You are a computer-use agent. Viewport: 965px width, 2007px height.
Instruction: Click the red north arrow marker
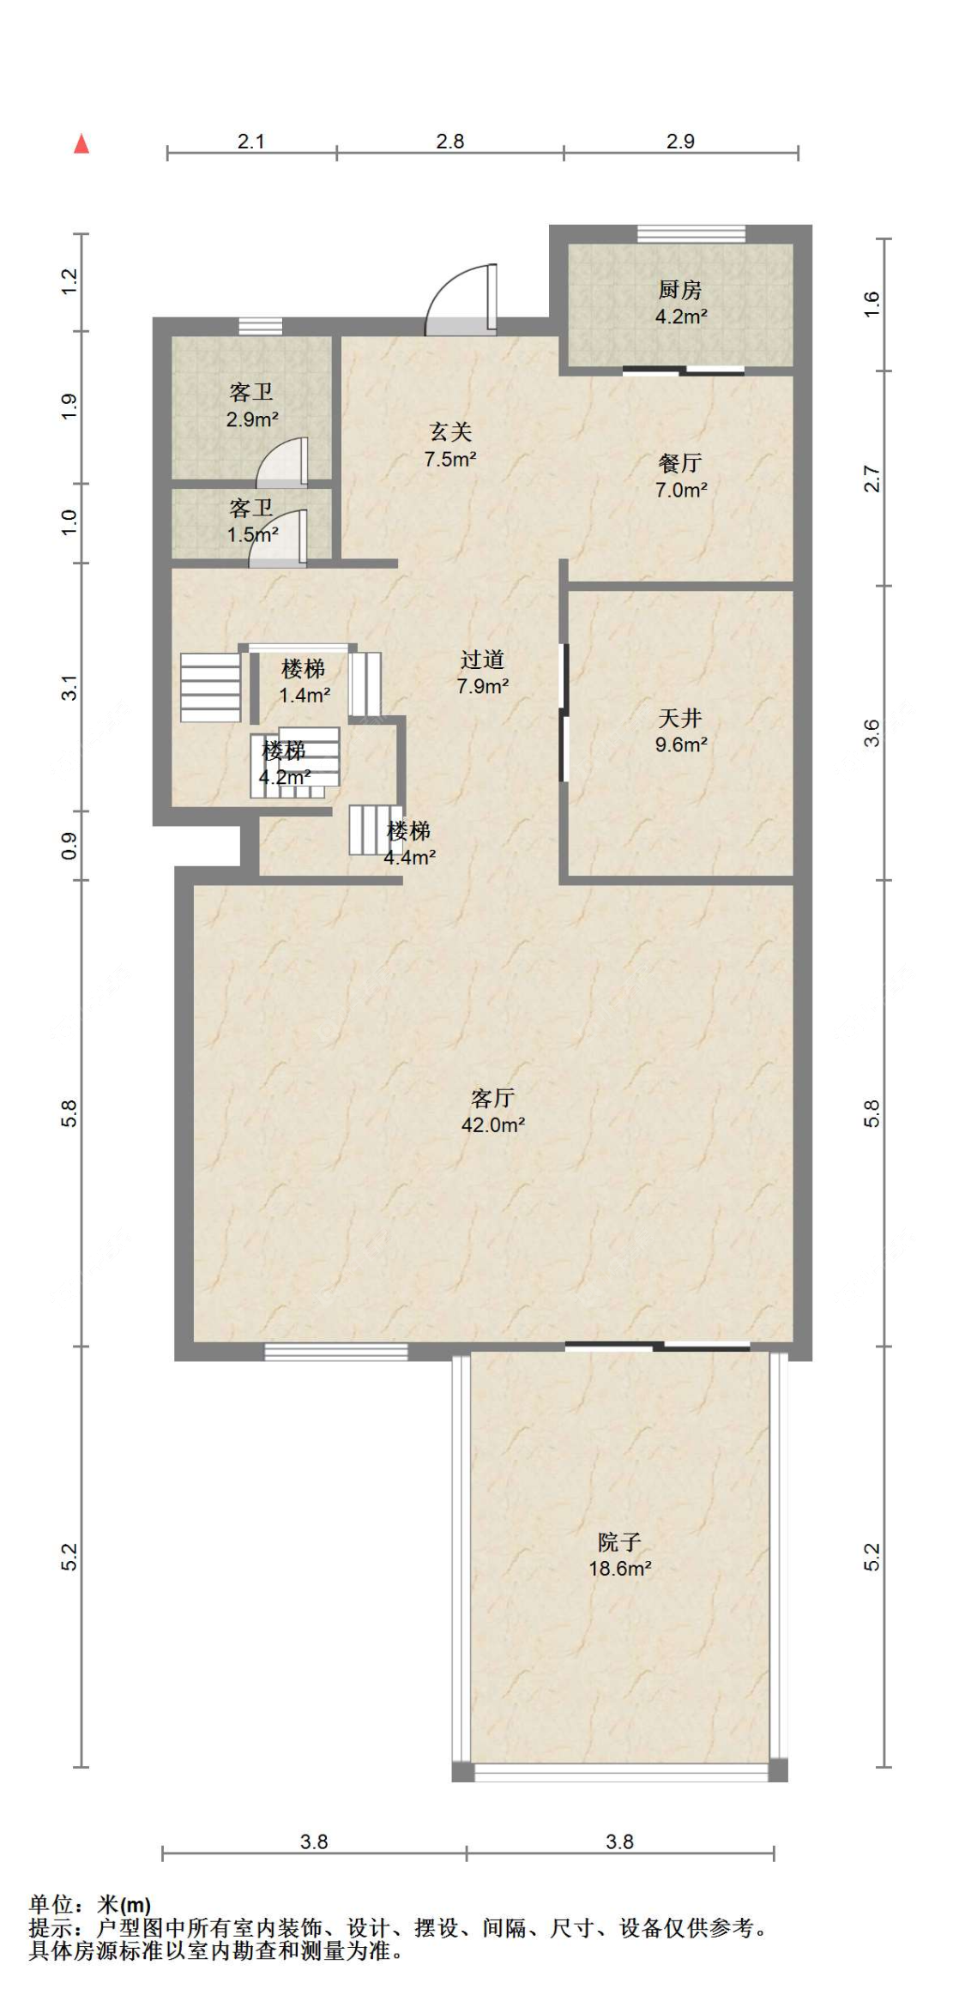(81, 143)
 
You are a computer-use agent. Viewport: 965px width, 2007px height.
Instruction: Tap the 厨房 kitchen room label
(680, 290)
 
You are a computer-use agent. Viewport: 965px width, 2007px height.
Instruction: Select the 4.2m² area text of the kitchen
(681, 316)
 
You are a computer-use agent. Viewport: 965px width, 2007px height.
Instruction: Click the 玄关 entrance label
(450, 431)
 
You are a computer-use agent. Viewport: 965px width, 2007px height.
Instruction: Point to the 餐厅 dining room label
(680, 463)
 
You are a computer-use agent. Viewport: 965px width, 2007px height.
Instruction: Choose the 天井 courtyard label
(680, 718)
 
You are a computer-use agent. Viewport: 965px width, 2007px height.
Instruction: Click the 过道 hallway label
(482, 660)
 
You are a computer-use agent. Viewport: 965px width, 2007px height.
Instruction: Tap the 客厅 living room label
(492, 1098)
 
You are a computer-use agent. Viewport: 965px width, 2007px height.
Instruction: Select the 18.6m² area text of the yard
(620, 1569)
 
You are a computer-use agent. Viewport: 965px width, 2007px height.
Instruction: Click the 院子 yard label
(619, 1542)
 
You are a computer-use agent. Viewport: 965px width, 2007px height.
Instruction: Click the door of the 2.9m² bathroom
(282, 463)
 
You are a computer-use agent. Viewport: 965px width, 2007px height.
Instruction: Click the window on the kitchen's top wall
(691, 233)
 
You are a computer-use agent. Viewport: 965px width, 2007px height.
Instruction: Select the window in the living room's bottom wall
(336, 1352)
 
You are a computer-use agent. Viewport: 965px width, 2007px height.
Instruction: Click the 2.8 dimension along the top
(450, 141)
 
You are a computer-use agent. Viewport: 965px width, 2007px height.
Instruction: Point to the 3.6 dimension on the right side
(872, 732)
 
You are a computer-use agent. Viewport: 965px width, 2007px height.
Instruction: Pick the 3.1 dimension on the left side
(69, 688)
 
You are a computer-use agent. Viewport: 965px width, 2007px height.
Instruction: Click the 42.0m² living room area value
(493, 1124)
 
